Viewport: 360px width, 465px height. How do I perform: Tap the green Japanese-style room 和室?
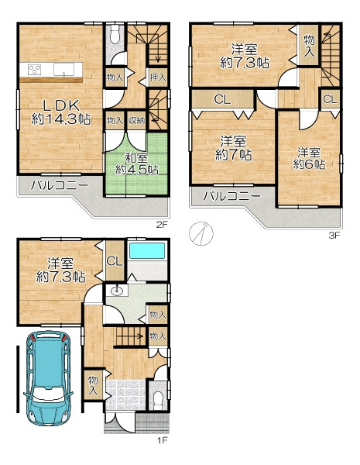tap(136, 164)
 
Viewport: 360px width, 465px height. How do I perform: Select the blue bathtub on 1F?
tap(147, 251)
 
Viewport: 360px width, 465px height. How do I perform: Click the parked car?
tap(48, 378)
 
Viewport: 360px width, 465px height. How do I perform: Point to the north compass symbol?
tap(201, 233)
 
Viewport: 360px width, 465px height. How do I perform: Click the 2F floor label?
tap(162, 225)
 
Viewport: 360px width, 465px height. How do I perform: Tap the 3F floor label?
tap(334, 236)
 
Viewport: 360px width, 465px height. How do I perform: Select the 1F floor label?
tap(162, 440)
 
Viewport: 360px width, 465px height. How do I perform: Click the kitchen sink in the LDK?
tap(63, 70)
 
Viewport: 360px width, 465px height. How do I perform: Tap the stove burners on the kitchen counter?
tap(34, 70)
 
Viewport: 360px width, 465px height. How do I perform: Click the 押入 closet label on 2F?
tap(158, 77)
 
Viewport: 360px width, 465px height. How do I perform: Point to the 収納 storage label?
tap(136, 120)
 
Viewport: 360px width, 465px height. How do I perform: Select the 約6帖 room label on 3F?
tap(309, 164)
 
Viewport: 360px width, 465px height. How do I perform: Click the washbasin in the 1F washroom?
tap(117, 291)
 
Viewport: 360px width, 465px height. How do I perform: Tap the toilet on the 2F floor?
tap(115, 35)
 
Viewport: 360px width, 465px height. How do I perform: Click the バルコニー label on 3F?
tap(232, 196)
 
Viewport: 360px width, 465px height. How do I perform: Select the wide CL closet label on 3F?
tap(222, 100)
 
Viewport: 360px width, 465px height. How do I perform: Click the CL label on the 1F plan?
tap(115, 261)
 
